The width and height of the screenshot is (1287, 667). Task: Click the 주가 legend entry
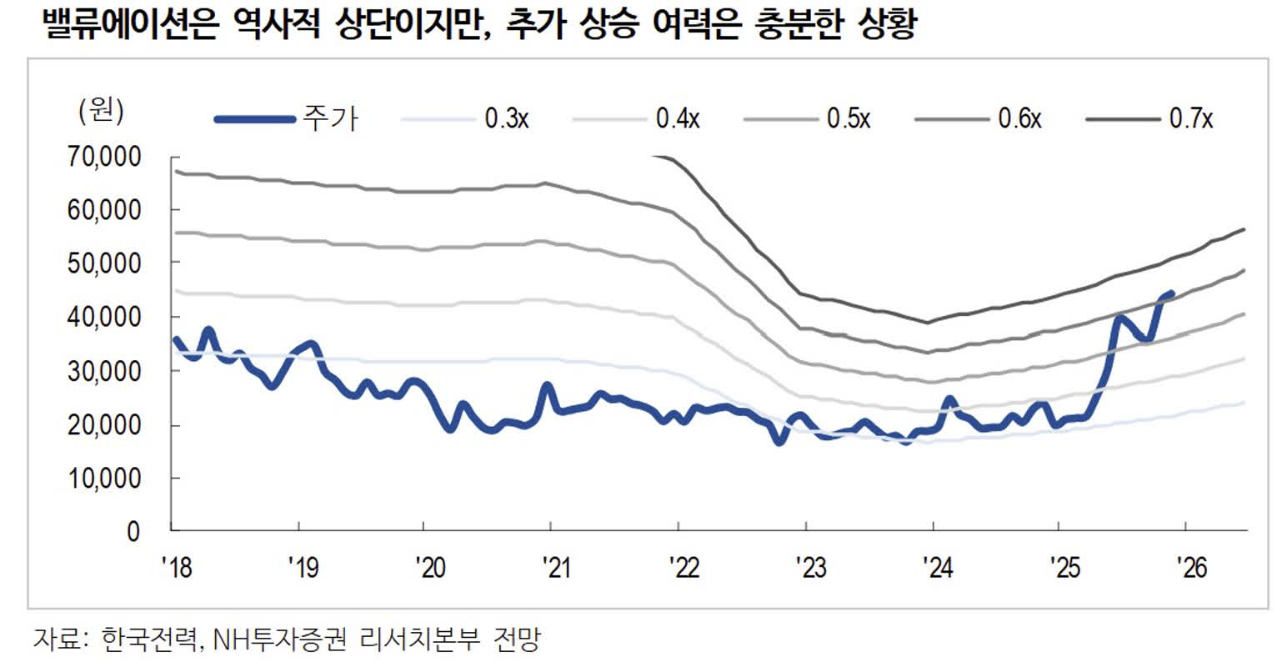(x=330, y=119)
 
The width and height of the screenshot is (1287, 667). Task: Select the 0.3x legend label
(x=507, y=119)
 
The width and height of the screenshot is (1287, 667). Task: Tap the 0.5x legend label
(x=849, y=119)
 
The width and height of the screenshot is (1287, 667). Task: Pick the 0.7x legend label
(x=1191, y=119)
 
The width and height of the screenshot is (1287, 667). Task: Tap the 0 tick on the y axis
(x=133, y=532)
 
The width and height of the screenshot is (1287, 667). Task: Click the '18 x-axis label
(x=176, y=568)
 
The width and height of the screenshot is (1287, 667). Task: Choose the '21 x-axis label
(x=555, y=568)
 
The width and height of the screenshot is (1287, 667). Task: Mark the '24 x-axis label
(x=937, y=568)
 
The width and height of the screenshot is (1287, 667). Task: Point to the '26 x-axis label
(x=1191, y=568)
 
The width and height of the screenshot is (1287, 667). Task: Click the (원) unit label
(x=101, y=110)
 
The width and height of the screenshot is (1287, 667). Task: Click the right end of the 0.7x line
(x=1244, y=229)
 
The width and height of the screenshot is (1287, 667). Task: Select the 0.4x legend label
(x=678, y=119)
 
